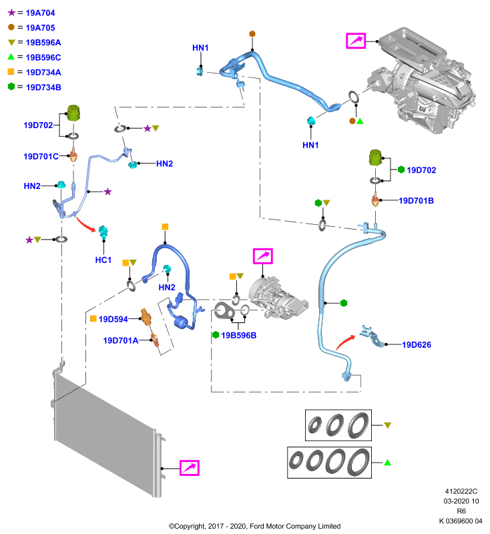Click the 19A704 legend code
40,13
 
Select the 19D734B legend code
43,87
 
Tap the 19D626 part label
417,344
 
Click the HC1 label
103,260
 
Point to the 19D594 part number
113,319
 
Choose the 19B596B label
238,336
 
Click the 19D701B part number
416,201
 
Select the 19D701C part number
41,156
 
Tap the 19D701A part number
121,340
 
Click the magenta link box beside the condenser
190,468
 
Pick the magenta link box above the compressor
262,256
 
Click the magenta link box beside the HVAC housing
356,41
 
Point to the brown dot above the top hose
252,34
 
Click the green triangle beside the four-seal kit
387,463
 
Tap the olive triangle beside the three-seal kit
387,425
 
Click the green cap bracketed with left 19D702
73,113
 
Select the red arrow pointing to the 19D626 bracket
345,342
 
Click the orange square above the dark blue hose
165,227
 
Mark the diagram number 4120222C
461,491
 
